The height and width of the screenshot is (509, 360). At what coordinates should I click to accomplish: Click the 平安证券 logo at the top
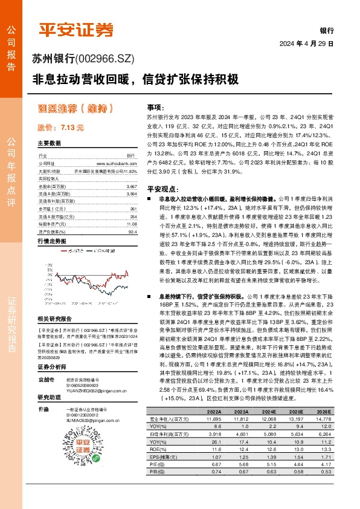click(x=76, y=30)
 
